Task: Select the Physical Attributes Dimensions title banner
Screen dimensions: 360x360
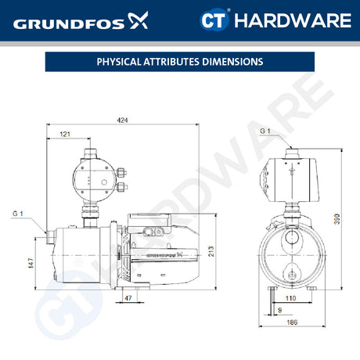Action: [179, 61]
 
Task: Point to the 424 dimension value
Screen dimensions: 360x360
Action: [122, 119]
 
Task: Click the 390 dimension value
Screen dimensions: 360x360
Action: [337, 221]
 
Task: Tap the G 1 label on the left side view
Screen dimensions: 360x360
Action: [17, 214]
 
